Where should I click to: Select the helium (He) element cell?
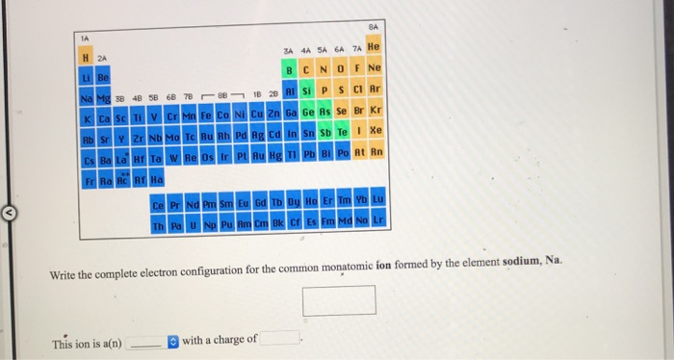pos(375,46)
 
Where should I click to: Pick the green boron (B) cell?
pos(289,68)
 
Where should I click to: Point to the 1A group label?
pos(84,39)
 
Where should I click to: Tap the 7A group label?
pos(354,51)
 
